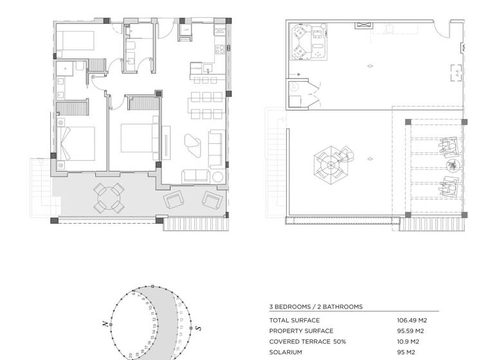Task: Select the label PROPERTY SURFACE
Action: (301, 331)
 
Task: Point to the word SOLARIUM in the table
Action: (286, 352)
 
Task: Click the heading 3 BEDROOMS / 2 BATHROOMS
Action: (316, 307)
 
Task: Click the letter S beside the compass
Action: (199, 328)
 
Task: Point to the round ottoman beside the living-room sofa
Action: (218, 176)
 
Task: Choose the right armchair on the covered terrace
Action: (212, 199)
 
